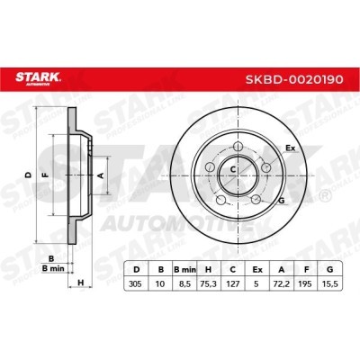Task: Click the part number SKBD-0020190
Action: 294,79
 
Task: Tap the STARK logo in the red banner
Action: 38,78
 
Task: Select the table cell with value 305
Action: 136,283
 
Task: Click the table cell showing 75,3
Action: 208,283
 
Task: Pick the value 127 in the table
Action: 232,283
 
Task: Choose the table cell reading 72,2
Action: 281,283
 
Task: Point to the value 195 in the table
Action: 306,283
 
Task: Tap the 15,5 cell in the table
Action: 330,283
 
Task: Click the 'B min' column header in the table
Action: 184,270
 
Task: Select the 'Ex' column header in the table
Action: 256,270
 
